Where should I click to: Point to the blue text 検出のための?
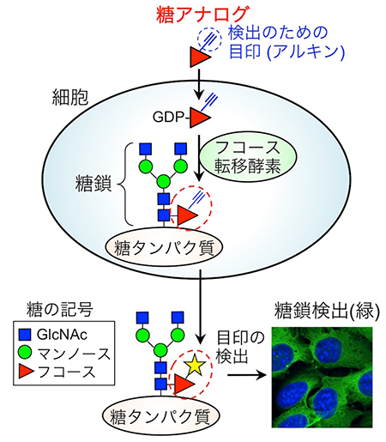(269, 33)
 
